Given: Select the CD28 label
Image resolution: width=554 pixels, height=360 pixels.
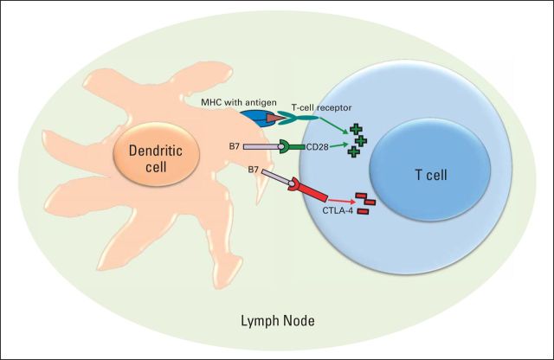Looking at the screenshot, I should coord(319,147).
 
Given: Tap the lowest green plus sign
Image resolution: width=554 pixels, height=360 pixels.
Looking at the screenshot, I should coord(352,151).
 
